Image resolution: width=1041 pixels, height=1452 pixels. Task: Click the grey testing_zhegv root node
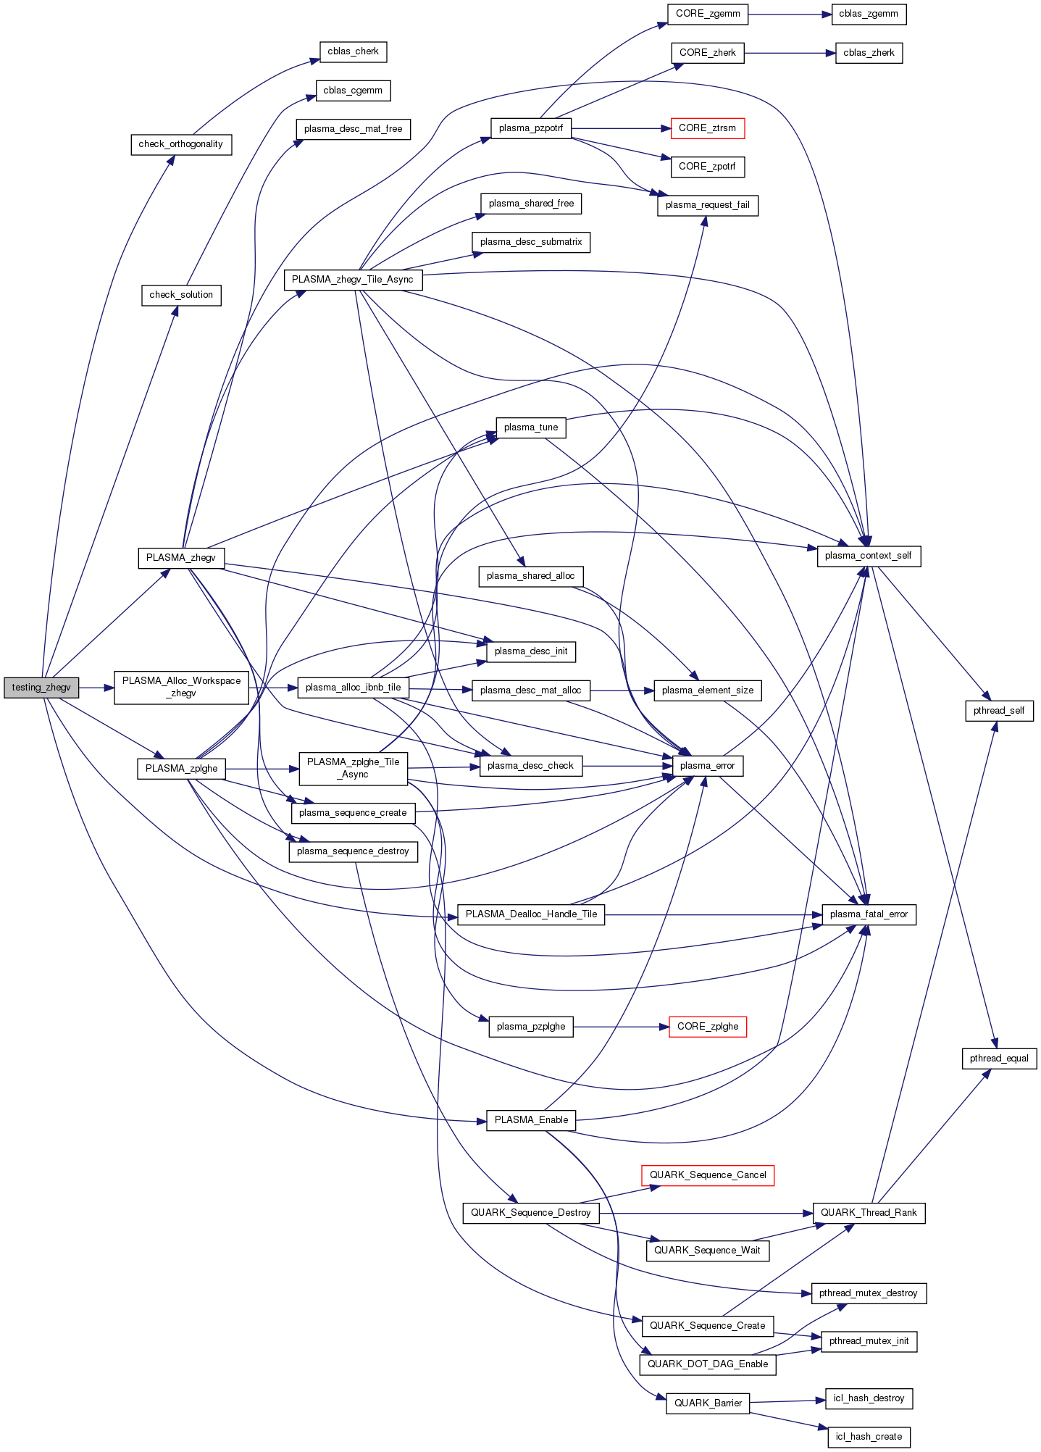[x=41, y=688]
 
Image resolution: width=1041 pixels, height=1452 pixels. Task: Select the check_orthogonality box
[x=181, y=144]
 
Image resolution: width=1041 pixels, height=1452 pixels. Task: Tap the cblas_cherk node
[x=353, y=52]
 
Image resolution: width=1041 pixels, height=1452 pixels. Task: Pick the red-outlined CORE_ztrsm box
[x=707, y=128]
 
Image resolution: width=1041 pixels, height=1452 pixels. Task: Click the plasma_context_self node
[x=869, y=556]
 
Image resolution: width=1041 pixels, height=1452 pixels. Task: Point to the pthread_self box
[x=999, y=711]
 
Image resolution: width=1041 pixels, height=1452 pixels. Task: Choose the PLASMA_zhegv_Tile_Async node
[x=353, y=280]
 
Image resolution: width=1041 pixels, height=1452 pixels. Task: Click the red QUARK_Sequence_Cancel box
[x=708, y=1175]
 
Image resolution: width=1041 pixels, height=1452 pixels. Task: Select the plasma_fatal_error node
[x=869, y=914]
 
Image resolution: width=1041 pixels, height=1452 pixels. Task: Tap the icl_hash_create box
[x=869, y=1437]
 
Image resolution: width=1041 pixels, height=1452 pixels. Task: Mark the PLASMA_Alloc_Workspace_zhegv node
[x=181, y=687]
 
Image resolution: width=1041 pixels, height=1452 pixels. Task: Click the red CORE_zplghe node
[x=708, y=1027]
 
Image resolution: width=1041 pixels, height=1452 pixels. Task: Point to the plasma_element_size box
[x=708, y=690]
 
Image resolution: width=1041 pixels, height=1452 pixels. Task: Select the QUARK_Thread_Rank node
[x=869, y=1213]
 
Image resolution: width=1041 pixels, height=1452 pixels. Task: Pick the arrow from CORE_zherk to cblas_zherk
[x=790, y=53]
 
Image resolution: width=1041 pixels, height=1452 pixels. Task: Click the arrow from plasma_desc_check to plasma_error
[x=627, y=766]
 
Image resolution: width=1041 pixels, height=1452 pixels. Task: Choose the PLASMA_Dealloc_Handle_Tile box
[x=531, y=914]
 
